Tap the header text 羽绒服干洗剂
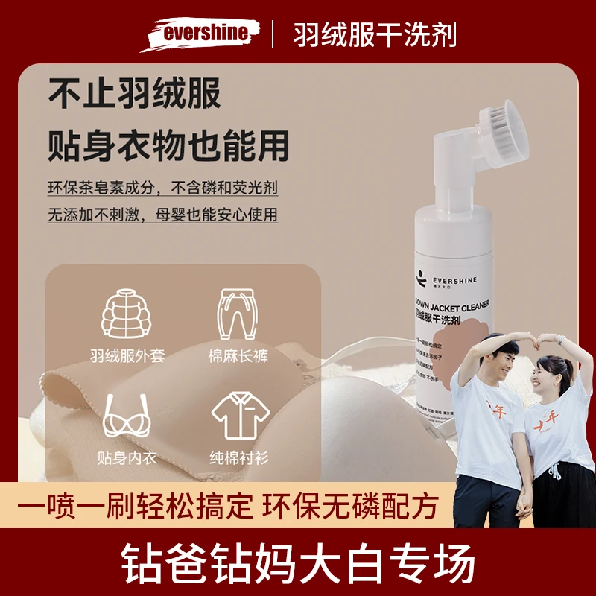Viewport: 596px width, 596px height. click(374, 34)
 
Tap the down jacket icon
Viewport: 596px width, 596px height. click(128, 315)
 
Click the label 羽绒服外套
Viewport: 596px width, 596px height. click(128, 357)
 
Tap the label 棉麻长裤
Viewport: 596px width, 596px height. click(238, 357)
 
